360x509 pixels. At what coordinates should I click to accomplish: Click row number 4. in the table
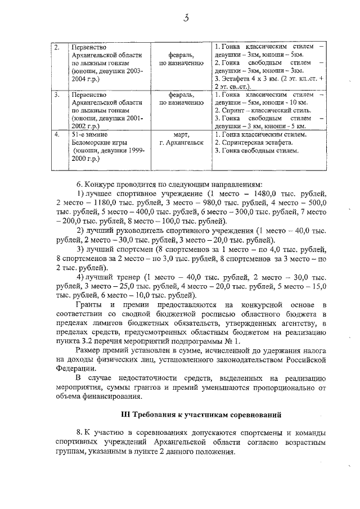(x=57, y=135)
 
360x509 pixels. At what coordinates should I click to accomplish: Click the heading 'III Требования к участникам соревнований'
(x=201, y=415)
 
